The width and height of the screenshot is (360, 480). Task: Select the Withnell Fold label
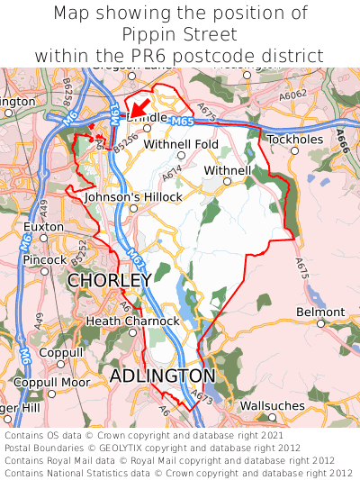[x=181, y=144]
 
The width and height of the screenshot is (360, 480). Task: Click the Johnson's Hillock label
[x=133, y=196]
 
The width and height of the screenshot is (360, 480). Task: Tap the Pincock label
[x=45, y=259]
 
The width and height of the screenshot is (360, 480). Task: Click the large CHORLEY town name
[x=109, y=281]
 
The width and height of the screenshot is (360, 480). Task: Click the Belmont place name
[x=320, y=312]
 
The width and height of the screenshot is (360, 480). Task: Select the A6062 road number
[x=292, y=95]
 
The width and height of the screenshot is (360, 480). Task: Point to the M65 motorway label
[x=180, y=120]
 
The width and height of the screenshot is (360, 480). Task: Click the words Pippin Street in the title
[x=180, y=34]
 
